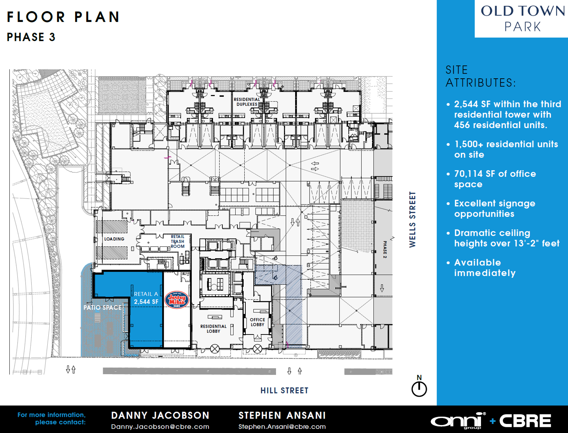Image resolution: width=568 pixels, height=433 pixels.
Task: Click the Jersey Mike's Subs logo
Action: [177, 300]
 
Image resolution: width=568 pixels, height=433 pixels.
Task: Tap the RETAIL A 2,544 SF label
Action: [146, 298]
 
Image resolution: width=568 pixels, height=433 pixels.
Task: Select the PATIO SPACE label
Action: [102, 307]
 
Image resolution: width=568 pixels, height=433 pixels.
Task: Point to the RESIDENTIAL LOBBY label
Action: [214, 329]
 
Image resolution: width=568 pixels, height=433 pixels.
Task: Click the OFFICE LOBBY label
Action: [257, 322]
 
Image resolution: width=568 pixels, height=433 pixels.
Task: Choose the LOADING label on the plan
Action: [114, 239]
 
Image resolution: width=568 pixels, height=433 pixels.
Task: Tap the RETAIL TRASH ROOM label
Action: [178, 241]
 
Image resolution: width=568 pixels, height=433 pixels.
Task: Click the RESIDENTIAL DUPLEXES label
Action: [247, 102]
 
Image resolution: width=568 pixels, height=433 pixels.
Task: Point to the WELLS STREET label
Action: [412, 219]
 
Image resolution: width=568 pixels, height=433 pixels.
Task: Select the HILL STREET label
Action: [284, 390]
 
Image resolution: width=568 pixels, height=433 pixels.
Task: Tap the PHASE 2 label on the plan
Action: [385, 250]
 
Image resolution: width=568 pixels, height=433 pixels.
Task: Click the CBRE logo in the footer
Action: [525, 421]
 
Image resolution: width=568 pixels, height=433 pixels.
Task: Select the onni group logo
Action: [458, 421]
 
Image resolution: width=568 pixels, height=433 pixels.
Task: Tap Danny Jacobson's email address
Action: [160, 427]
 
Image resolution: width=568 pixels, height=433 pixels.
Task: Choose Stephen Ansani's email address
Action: [282, 427]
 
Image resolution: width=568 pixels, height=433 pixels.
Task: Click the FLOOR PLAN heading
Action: [64, 17]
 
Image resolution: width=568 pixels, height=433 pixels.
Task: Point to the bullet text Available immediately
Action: [485, 268]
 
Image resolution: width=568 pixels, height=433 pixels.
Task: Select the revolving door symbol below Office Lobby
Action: [257, 349]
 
